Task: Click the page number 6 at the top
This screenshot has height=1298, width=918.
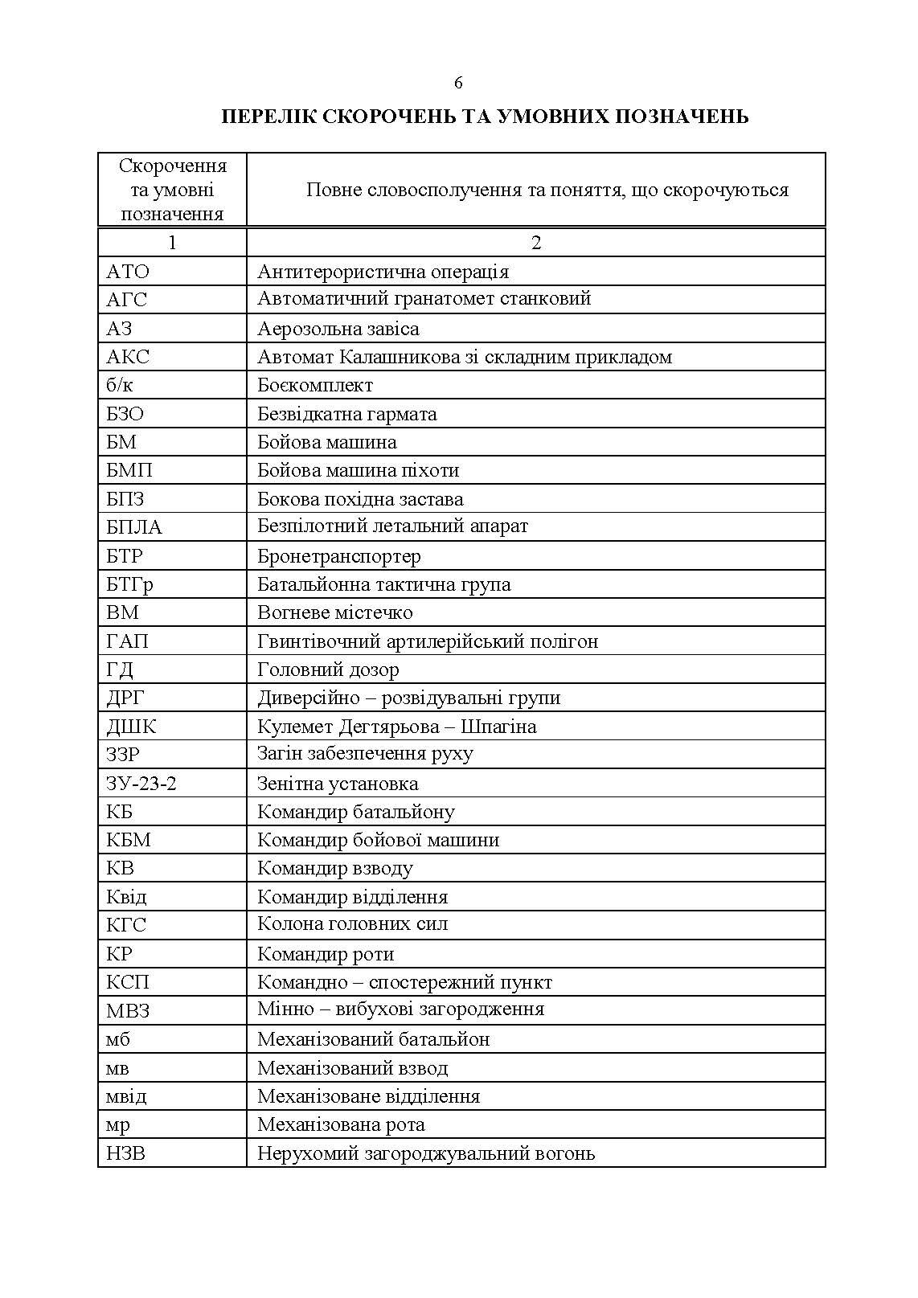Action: [458, 83]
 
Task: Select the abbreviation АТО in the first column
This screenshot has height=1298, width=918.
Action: [128, 272]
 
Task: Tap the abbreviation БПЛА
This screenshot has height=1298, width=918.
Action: [133, 527]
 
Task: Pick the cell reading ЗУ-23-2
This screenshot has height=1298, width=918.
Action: [141, 784]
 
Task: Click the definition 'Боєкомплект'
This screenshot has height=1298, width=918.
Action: [315, 386]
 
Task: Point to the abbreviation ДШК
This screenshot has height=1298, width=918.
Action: [131, 727]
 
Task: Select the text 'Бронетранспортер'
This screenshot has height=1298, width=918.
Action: [338, 556]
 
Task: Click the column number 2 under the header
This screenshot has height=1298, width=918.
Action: [536, 243]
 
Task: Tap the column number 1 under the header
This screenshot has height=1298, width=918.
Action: [172, 243]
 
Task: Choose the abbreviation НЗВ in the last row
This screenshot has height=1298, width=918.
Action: [126, 1154]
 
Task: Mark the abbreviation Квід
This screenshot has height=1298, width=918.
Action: [126, 897]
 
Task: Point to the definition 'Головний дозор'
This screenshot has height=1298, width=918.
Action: [328, 669]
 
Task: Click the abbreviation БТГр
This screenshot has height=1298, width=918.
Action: [129, 585]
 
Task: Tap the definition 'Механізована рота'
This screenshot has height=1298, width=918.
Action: [341, 1124]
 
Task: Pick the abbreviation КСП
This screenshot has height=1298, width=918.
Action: [128, 982]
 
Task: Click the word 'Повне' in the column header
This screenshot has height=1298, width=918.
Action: [333, 190]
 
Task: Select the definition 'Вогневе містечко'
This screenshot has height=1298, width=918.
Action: [334, 612]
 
